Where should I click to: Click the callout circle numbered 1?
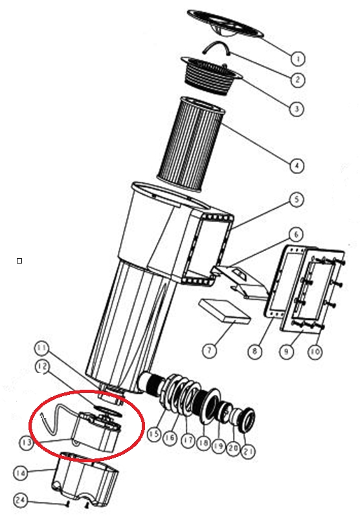[298, 58]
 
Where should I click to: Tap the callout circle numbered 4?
[297, 165]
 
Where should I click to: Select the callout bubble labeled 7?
[209, 350]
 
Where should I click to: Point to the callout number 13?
[27, 443]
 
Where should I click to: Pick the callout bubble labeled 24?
[21, 500]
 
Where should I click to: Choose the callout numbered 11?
[42, 349]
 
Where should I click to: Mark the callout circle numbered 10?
[315, 352]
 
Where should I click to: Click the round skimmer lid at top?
[225, 23]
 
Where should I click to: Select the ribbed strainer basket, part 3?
[211, 76]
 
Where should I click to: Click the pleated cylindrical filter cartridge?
[192, 144]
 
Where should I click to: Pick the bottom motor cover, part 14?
[85, 478]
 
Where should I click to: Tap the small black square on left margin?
[19, 261]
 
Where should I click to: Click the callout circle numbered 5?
[297, 199]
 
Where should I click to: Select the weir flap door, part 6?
[242, 282]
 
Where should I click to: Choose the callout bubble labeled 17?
[188, 440]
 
